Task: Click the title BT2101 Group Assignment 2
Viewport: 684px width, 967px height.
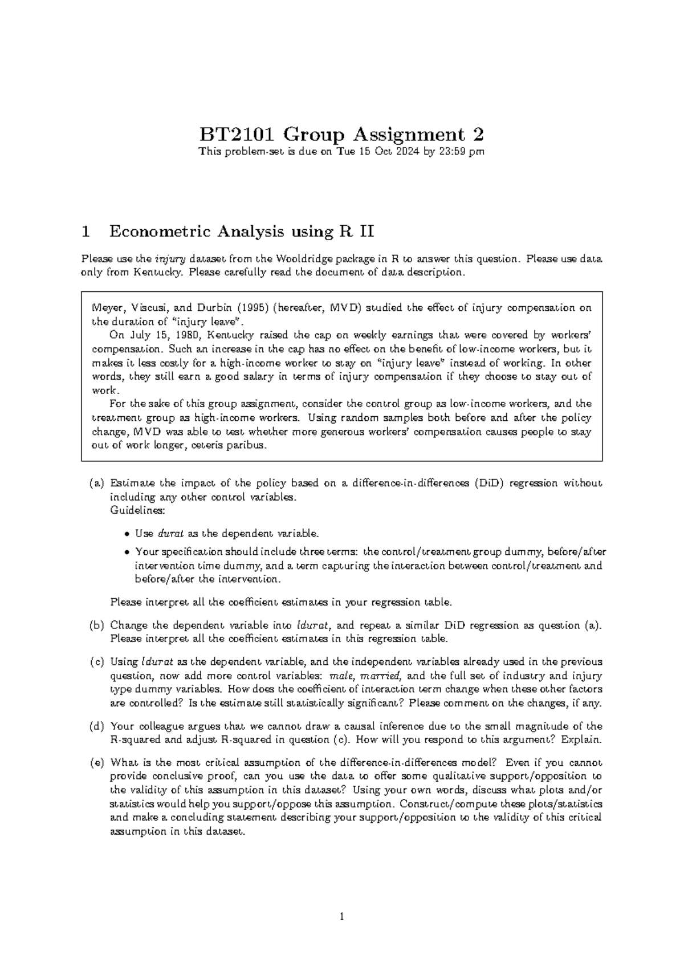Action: pos(341,135)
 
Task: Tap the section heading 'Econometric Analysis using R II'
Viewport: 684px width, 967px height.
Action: pos(242,231)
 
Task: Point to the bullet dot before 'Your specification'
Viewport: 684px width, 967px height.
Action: pos(127,552)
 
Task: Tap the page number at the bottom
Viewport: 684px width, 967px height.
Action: pos(341,917)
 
